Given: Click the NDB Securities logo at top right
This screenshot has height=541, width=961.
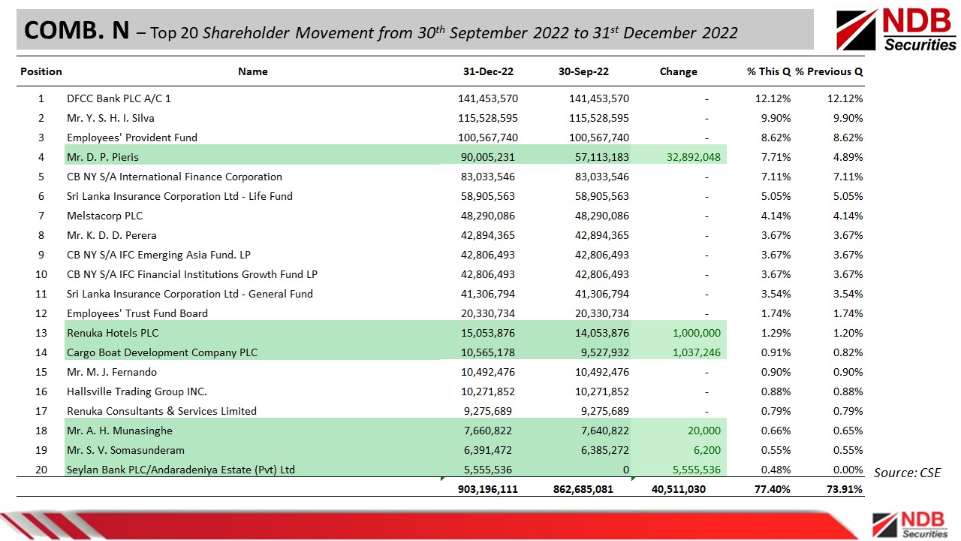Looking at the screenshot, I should pos(896,30).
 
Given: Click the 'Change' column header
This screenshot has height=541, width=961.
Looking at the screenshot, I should pos(678,71).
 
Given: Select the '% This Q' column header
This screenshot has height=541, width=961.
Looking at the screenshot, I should pos(768,71).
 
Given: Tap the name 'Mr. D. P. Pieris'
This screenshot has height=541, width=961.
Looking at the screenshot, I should pos(103,157).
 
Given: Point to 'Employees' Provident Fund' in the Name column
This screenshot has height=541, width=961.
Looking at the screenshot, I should pos(132,138).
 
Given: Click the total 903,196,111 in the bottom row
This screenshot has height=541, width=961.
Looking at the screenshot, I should pos(487,489).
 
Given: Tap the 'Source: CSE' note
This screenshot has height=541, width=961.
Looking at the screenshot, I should pos(907,473).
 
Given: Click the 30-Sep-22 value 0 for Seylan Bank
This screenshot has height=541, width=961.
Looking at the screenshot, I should pos(625,470).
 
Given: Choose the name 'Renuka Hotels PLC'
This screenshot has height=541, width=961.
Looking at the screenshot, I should pos(113,333).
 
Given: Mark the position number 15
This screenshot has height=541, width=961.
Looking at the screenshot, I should pos(41,372).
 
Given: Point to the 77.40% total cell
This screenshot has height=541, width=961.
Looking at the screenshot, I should pos(773,489).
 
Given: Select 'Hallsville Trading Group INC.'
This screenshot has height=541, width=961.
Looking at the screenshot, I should pos(137,391).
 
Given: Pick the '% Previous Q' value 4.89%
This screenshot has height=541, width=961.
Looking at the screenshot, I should pos(846,157).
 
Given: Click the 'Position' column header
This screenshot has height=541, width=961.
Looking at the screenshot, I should pos(41,71).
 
